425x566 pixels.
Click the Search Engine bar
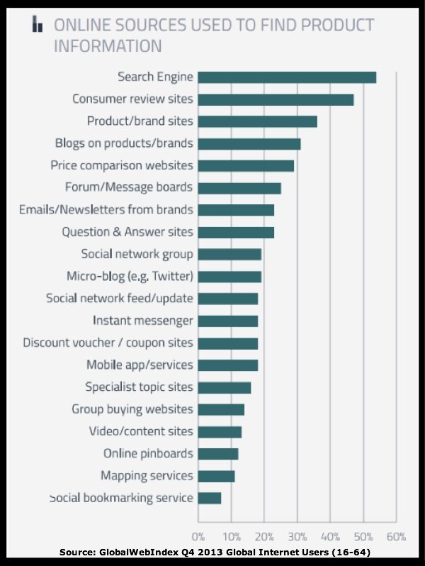pyautogui.click(x=287, y=77)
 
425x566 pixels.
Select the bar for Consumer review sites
pyautogui.click(x=276, y=99)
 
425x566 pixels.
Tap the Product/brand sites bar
pyautogui.click(x=257, y=121)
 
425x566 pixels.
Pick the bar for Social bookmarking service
pyautogui.click(x=210, y=498)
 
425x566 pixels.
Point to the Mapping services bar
pyautogui.click(x=216, y=476)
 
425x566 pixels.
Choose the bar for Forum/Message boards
pyautogui.click(x=239, y=188)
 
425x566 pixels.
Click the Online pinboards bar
pyautogui.click(x=218, y=454)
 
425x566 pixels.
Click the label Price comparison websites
pyautogui.click(x=122, y=165)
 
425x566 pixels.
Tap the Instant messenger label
pyautogui.click(x=143, y=321)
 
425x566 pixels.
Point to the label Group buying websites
pyautogui.click(x=132, y=409)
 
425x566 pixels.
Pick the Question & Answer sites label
pyautogui.click(x=127, y=232)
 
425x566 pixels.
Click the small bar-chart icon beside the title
pyautogui.click(x=38, y=25)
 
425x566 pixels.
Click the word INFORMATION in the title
pyautogui.click(x=108, y=47)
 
